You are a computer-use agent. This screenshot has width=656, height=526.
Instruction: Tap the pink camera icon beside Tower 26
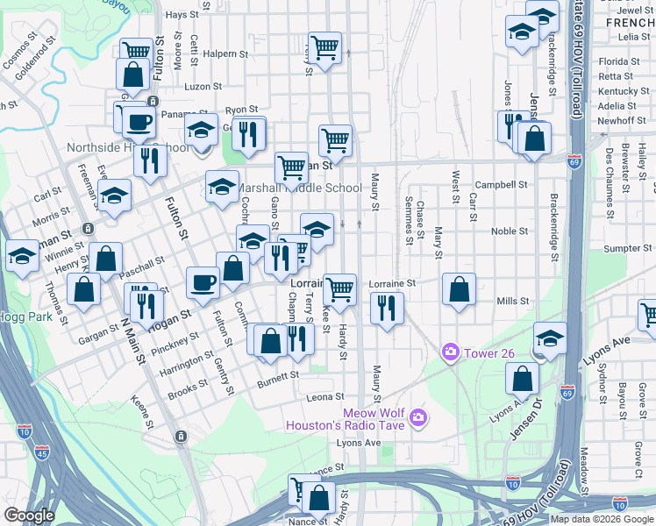451,352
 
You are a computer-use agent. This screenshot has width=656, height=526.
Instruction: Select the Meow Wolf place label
372,414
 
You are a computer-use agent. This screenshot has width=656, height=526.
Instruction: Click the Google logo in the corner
29,515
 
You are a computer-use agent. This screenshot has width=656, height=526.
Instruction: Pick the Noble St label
509,231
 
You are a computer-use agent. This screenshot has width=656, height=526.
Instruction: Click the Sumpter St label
623,249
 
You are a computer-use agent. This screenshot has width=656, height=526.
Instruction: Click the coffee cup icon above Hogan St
203,281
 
